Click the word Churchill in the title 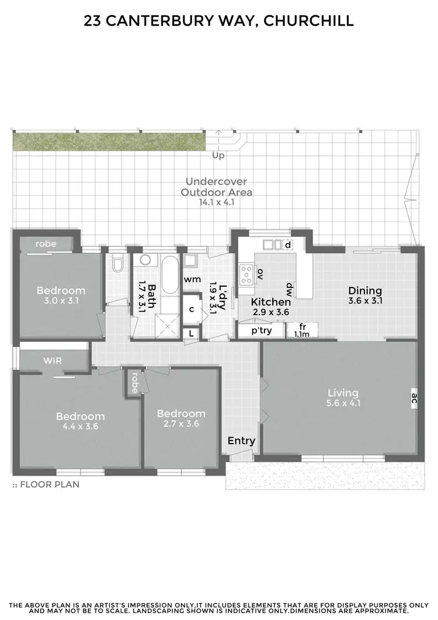pos(309,21)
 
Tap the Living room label pos(342,393)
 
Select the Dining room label pos(365,290)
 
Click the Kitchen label pos(271,302)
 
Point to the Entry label pos(241,441)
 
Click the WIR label pos(53,361)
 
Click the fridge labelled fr pos(302,327)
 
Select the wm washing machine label pos(192,279)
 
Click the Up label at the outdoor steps pos(218,155)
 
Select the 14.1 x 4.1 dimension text pos(217,202)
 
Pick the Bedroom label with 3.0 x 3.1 pos(61,290)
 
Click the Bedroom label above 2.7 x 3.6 pos(181,413)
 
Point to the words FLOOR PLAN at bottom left pos(50,484)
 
